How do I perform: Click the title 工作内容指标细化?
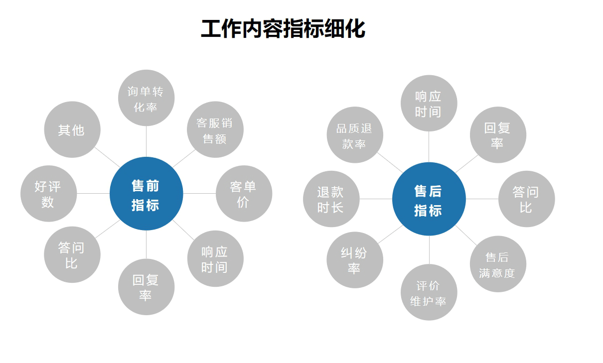(283, 29)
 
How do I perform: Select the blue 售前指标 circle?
(146, 194)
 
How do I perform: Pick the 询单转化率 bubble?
(146, 98)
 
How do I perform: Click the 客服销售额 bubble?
(215, 130)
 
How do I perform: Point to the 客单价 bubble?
(244, 194)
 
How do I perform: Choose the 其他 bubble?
(72, 130)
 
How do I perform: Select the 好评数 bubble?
(48, 194)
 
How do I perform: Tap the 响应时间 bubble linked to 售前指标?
(215, 259)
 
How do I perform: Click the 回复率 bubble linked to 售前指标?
(146, 287)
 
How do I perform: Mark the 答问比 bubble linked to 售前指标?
(72, 254)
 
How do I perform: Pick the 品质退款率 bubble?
(355, 135)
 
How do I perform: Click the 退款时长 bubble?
(331, 199)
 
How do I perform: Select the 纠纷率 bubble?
(355, 259)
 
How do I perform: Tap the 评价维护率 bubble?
(429, 292)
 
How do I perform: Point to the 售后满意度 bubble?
(497, 264)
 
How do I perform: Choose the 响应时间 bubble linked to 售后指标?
(429, 104)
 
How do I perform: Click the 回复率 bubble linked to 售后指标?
(497, 135)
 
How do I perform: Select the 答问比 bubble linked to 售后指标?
(526, 199)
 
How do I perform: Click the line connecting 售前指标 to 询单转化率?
(146, 141)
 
